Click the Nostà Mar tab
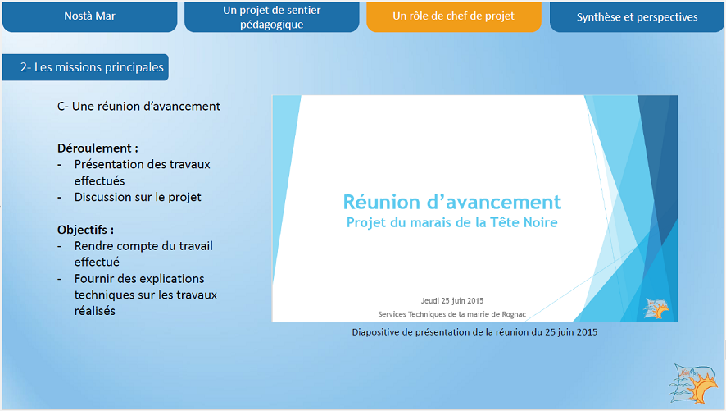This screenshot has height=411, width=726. (x=90, y=16)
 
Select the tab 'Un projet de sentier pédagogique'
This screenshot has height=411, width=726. (x=272, y=16)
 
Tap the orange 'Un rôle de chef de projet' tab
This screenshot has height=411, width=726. (x=454, y=16)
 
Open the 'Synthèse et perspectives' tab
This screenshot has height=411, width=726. (x=637, y=16)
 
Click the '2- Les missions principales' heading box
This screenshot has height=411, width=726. (x=86, y=67)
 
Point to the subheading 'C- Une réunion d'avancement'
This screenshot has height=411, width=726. (x=139, y=107)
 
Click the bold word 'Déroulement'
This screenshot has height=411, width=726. (x=94, y=148)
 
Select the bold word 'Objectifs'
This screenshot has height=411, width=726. (x=83, y=230)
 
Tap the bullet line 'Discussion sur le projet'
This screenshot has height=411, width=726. (x=138, y=198)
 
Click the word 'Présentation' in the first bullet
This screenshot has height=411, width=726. (x=107, y=165)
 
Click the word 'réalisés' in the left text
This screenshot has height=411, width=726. (x=95, y=311)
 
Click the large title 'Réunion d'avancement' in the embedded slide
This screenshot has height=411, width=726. (x=451, y=202)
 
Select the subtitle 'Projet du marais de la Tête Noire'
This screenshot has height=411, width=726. (x=451, y=222)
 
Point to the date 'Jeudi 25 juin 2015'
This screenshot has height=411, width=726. (x=451, y=301)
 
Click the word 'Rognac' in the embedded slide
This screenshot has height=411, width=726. (x=514, y=315)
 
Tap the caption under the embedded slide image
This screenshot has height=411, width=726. (x=474, y=332)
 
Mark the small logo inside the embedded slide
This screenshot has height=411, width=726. (x=656, y=308)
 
